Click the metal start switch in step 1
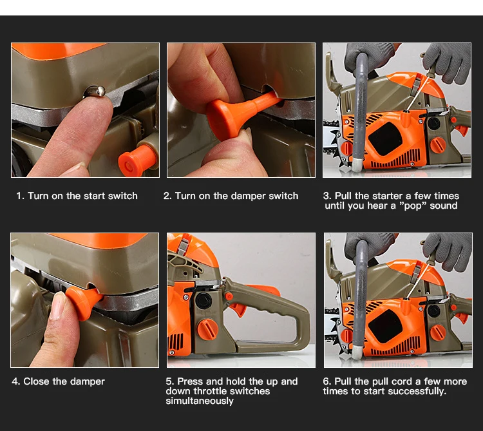(95, 92)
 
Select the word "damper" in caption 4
(88, 381)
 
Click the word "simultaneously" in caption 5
(200, 401)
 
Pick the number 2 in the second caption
(167, 196)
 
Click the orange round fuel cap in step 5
(208, 330)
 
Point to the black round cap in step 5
(204, 300)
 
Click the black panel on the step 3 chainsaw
(385, 138)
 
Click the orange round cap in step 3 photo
(437, 146)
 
